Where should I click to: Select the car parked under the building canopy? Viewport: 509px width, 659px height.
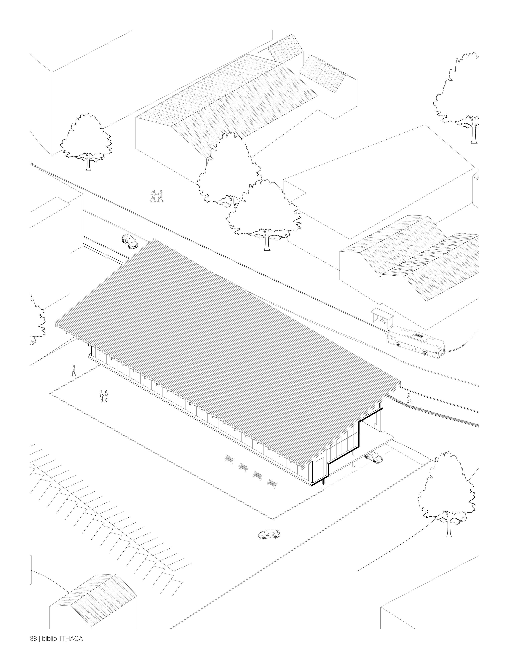374,457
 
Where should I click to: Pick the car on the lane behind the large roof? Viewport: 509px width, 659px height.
130,242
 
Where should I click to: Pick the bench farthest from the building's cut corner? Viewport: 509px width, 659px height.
230,459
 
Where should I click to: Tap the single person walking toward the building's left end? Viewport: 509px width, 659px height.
73,370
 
